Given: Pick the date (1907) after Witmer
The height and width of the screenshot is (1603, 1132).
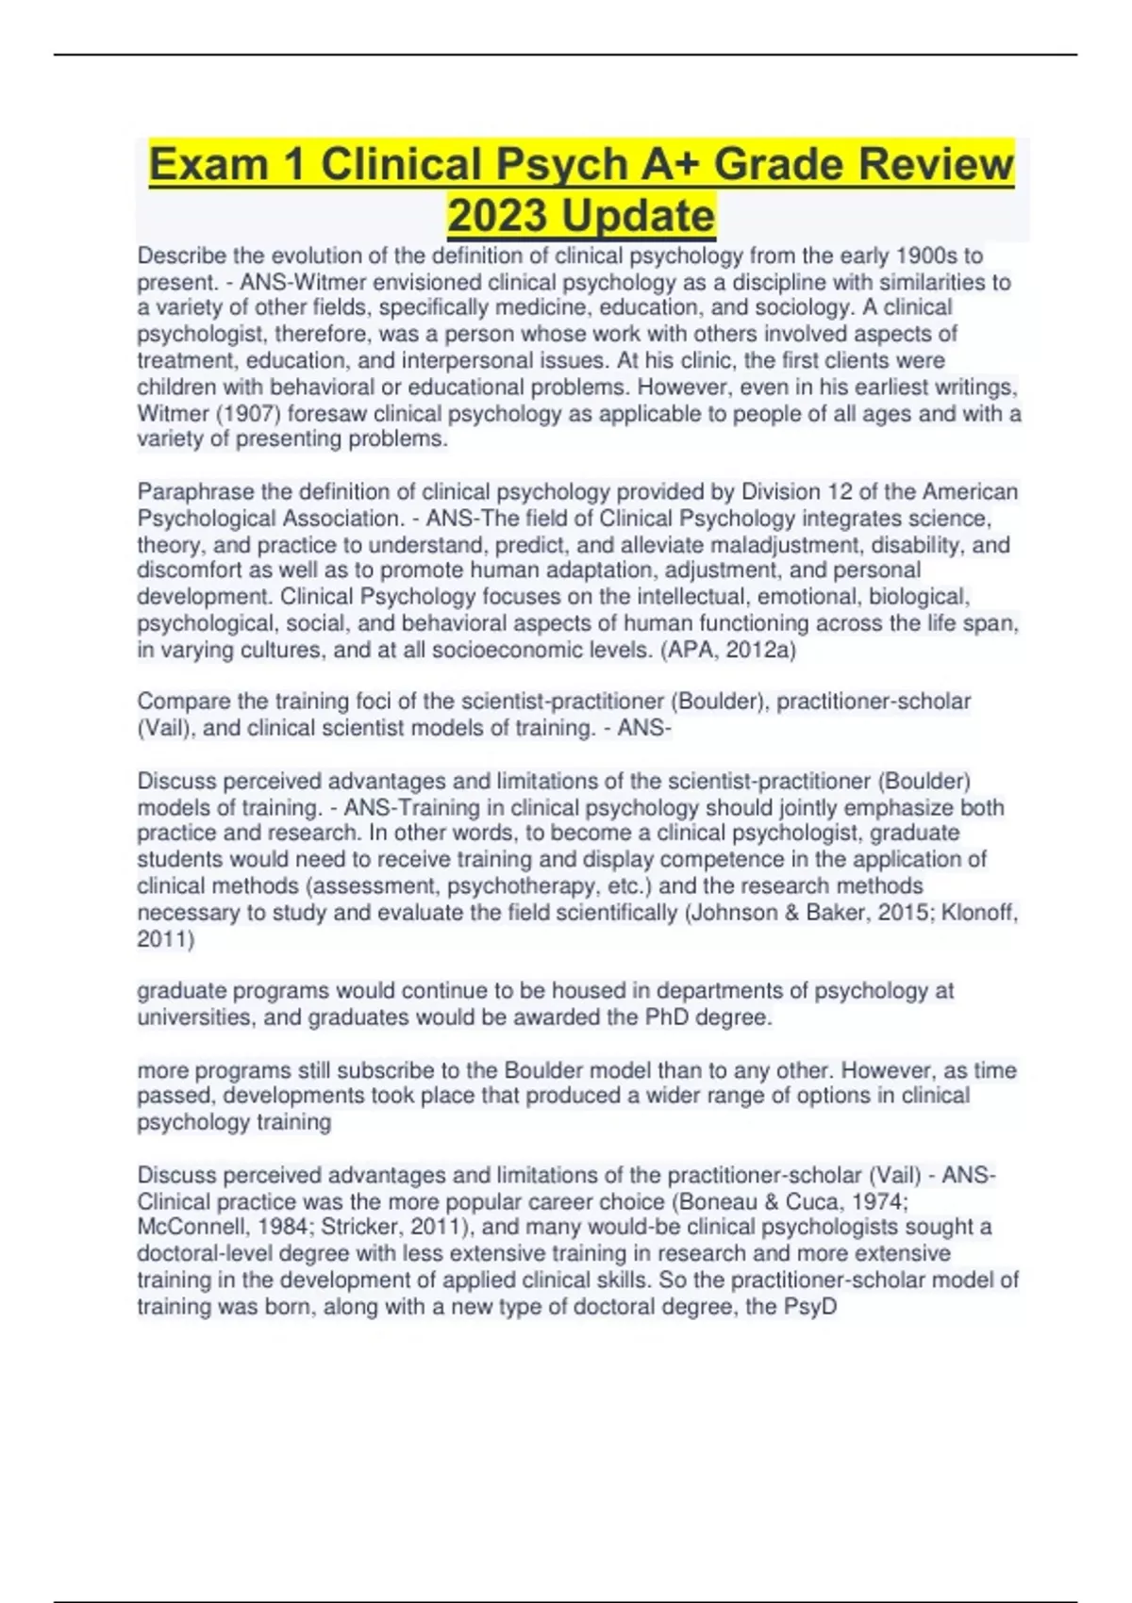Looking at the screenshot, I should coord(244,414).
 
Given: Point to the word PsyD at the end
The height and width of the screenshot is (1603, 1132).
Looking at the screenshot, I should coord(810,1307).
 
